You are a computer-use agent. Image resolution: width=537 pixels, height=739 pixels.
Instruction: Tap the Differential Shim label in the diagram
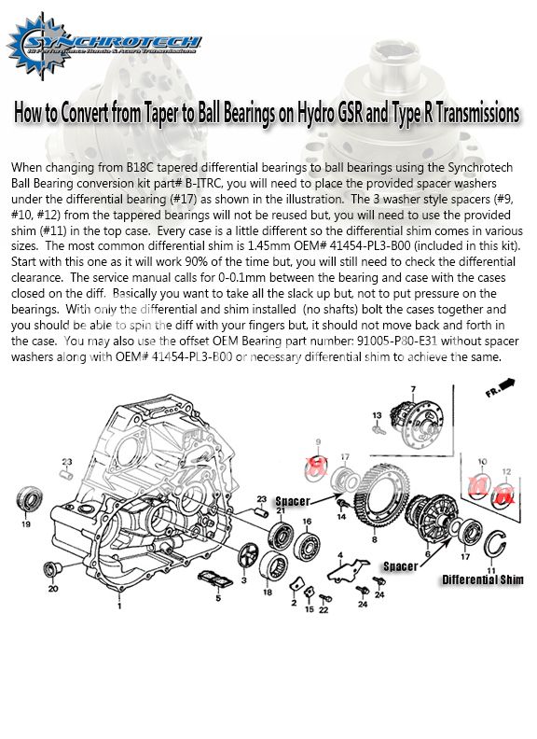pos(482,579)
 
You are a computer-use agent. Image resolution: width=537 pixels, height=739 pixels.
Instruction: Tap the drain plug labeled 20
pos(50,570)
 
